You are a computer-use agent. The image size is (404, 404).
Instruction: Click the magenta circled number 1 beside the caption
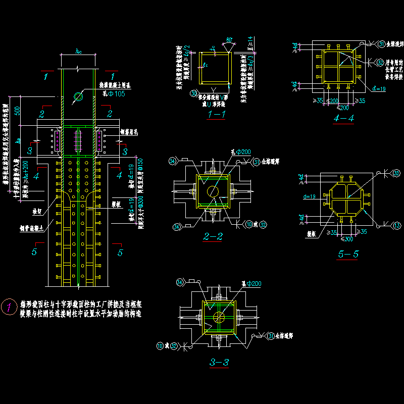pyautogui.click(x=9, y=307)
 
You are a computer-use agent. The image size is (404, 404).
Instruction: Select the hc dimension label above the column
pyautogui.click(x=78, y=51)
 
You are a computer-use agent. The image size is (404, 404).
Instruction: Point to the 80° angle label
pyautogui.click(x=230, y=40)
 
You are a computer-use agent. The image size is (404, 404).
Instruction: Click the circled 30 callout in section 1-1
pyautogui.click(x=193, y=93)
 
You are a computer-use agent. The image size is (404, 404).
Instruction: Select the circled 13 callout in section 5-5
pyautogui.click(x=397, y=225)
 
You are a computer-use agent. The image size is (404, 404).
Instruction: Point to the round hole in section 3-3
pyautogui.click(x=219, y=317)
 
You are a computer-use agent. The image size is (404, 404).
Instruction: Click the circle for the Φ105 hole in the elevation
pyautogui.click(x=78, y=96)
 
